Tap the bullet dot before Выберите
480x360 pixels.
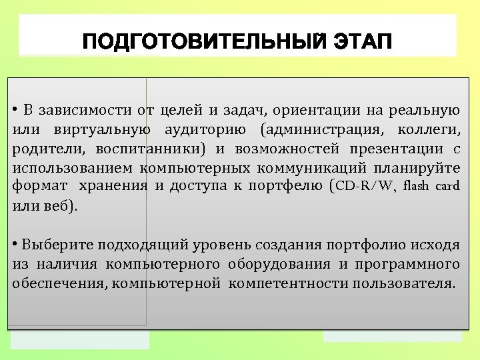pyautogui.click(x=15, y=243)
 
